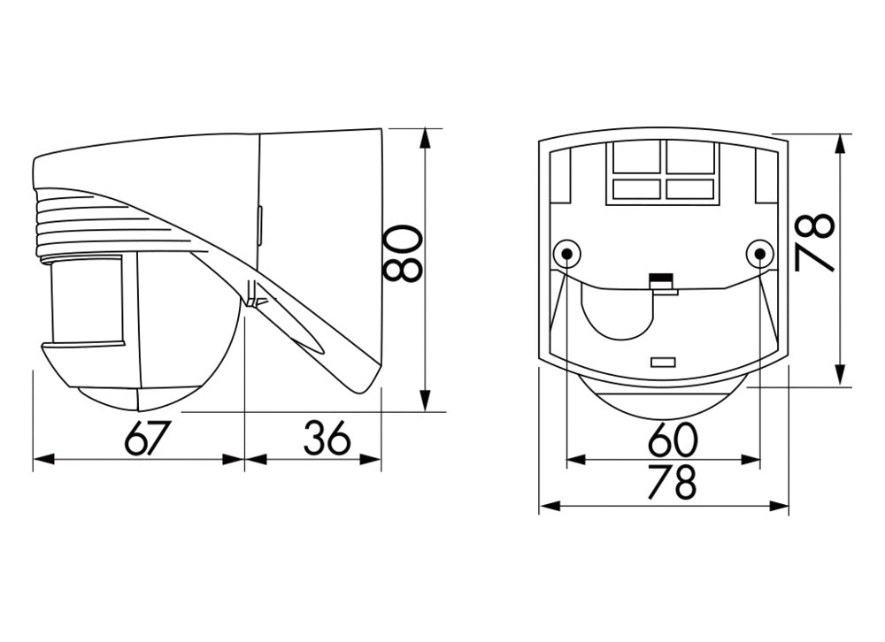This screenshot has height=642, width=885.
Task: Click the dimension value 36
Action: click(327, 438)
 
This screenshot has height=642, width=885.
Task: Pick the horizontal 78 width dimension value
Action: click(673, 483)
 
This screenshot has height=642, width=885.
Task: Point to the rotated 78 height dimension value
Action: click(814, 241)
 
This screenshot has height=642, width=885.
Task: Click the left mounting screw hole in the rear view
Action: click(566, 255)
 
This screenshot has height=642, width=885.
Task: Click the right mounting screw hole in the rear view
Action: click(758, 255)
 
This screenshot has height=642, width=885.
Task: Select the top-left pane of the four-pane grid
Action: click(635, 158)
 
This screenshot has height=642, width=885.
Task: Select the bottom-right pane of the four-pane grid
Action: click(691, 188)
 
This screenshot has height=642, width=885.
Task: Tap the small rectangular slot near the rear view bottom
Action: click(662, 362)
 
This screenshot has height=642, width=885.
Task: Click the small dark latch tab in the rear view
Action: click(659, 281)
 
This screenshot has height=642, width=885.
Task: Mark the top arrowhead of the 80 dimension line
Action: click(427, 137)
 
